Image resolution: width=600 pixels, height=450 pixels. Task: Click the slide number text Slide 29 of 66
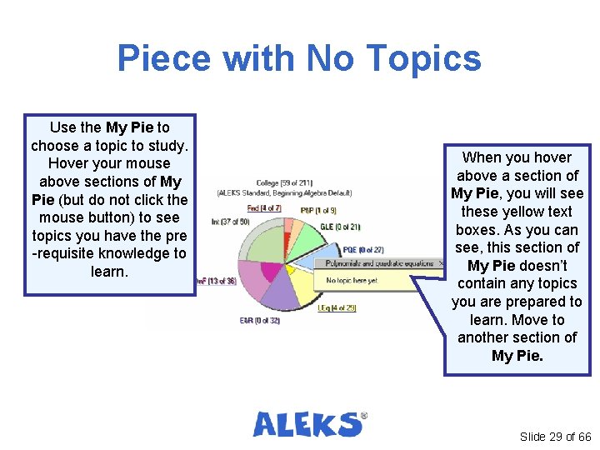(555, 437)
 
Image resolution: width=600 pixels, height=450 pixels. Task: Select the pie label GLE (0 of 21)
(339, 227)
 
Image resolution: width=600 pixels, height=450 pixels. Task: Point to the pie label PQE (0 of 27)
(362, 249)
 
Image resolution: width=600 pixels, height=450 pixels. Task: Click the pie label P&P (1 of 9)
(318, 210)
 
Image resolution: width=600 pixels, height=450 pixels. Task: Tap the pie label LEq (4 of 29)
(336, 308)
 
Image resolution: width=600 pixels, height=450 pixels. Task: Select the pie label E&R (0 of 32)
(258, 321)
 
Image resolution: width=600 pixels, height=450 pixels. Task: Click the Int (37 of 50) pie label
(230, 222)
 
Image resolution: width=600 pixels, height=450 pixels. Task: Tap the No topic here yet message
(352, 281)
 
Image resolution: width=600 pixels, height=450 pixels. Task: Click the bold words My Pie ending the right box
(517, 356)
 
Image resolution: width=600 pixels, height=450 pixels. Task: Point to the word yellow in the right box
(525, 212)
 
